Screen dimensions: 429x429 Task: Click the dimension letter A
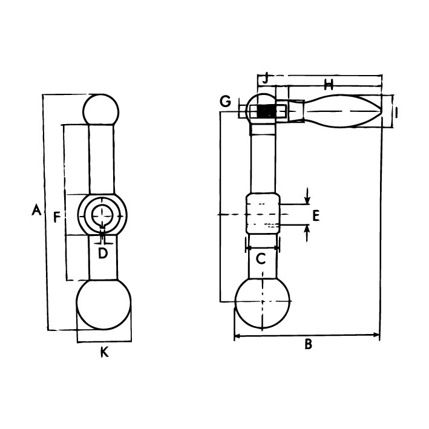click(37, 209)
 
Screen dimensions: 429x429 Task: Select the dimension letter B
click(309, 344)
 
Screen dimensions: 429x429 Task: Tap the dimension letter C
click(261, 258)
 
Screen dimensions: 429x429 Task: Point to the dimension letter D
click(103, 253)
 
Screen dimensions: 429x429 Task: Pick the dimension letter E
click(316, 215)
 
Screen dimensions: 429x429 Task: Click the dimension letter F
click(57, 217)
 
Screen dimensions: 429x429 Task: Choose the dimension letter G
click(226, 102)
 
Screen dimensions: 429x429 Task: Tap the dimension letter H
click(329, 85)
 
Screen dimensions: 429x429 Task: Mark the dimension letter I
click(396, 113)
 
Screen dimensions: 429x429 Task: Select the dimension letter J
click(266, 79)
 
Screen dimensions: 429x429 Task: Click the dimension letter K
click(105, 352)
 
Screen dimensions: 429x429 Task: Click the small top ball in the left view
click(101, 110)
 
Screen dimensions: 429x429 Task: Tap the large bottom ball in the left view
click(103, 304)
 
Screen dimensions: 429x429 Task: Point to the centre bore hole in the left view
click(102, 215)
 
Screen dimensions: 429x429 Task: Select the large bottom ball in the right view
click(262, 303)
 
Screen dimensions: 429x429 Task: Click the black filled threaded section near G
click(266, 111)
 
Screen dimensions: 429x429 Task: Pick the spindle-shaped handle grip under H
click(342, 111)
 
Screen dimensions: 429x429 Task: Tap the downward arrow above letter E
click(307, 196)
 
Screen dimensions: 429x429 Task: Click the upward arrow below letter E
click(307, 233)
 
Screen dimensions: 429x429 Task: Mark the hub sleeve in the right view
click(263, 214)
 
